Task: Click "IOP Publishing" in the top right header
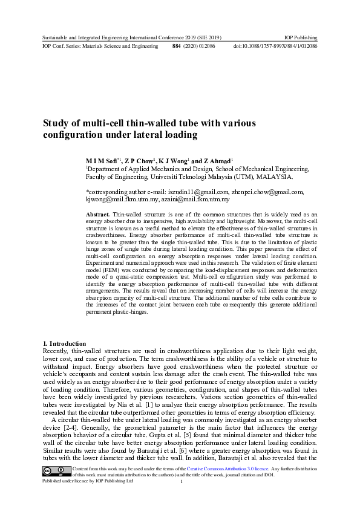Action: pos(301,37)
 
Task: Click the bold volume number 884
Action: pos(177,46)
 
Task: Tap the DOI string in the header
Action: pos(276,46)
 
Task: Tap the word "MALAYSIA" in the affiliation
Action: pos(273,177)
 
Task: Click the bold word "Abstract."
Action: pos(97,215)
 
